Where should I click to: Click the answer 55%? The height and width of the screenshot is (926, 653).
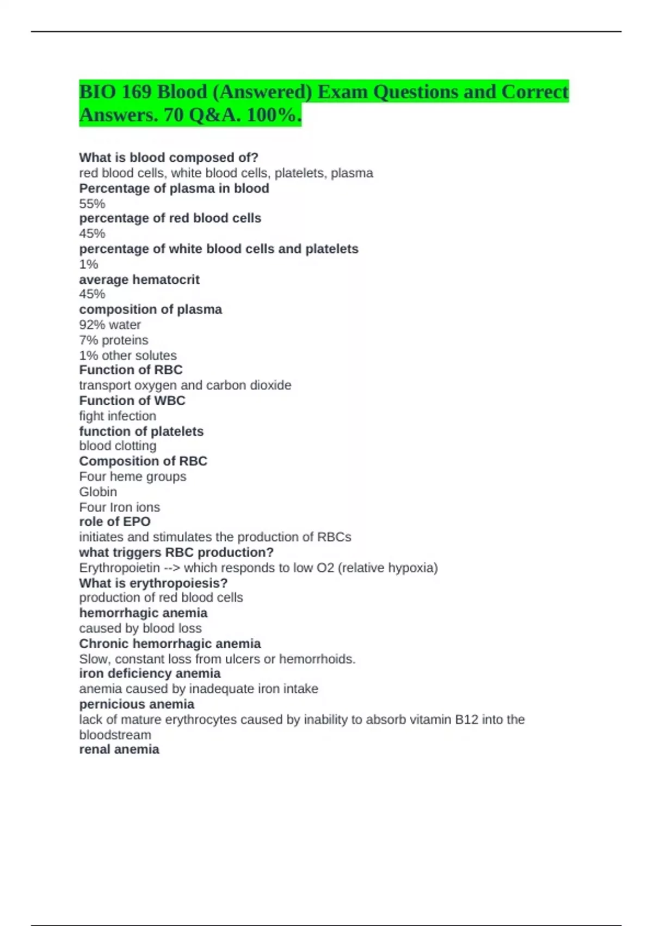pyautogui.click(x=92, y=204)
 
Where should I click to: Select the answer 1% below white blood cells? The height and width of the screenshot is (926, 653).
pyautogui.click(x=89, y=264)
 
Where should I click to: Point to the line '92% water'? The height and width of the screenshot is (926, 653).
pyautogui.click(x=110, y=325)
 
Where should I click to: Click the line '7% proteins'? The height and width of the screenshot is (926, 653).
pyautogui.click(x=114, y=340)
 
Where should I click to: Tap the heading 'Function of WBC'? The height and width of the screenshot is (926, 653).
pyautogui.click(x=132, y=400)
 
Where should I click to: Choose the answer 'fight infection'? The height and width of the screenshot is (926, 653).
pyautogui.click(x=118, y=416)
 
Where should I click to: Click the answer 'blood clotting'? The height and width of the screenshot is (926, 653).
pyautogui.click(x=118, y=446)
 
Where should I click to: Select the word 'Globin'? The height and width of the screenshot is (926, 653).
pyautogui.click(x=98, y=492)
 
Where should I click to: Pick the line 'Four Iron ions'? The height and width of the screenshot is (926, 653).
pyautogui.click(x=120, y=507)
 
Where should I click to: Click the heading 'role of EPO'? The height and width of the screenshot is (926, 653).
pyautogui.click(x=115, y=521)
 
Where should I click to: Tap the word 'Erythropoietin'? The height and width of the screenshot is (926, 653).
pyautogui.click(x=120, y=568)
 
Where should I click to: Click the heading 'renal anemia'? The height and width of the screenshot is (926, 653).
pyautogui.click(x=119, y=749)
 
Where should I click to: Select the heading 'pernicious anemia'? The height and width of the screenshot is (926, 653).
pyautogui.click(x=137, y=704)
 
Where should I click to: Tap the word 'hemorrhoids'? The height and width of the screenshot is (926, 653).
pyautogui.click(x=317, y=659)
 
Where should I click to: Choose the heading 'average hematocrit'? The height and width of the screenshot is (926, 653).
pyautogui.click(x=139, y=279)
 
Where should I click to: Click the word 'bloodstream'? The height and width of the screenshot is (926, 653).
pyautogui.click(x=115, y=735)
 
